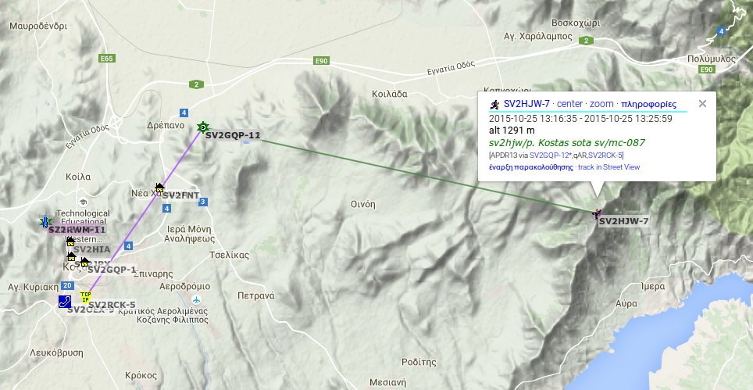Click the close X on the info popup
[702, 103]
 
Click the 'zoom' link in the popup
[601, 104]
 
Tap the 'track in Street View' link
[608, 167]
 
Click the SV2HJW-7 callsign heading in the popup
[526, 104]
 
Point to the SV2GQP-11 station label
[233, 135]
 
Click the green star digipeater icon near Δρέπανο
[203, 127]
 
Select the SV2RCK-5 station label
[112, 304]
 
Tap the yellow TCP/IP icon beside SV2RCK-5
[86, 296]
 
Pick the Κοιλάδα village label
[390, 93]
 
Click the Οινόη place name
[363, 204]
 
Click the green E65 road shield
[107, 59]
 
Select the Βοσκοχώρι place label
[574, 22]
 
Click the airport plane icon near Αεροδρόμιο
[196, 300]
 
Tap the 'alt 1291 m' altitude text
[512, 131]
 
